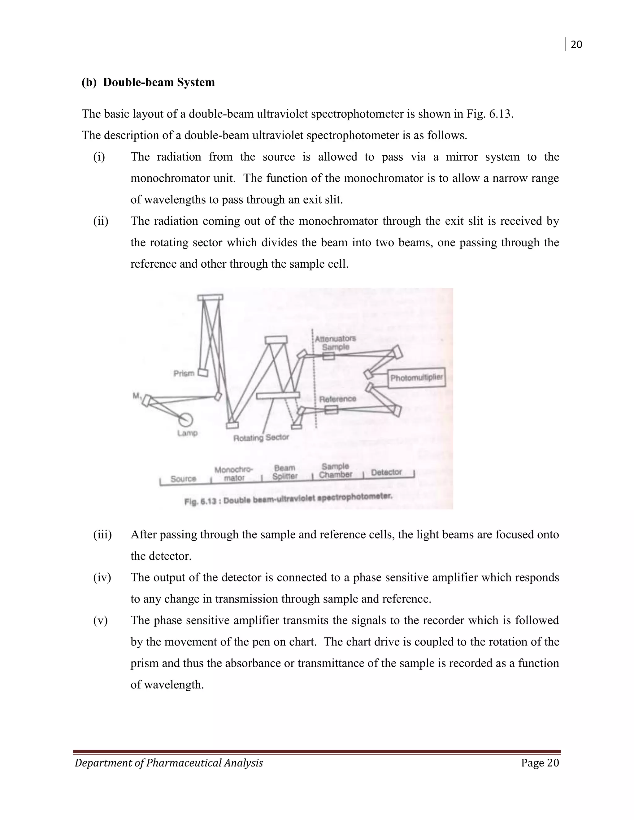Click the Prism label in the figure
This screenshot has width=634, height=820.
184,373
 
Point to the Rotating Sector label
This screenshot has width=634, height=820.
261,438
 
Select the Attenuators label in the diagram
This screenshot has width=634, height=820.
335,338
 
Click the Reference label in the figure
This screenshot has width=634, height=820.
337,399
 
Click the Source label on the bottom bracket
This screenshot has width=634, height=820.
183,479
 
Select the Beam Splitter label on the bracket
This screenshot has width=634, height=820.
285,472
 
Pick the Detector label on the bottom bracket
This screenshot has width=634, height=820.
386,472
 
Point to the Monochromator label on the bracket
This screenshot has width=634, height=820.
234,474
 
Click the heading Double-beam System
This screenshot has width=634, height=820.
159,82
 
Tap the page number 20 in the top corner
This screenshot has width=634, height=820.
576,45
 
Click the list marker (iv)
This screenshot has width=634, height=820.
102,577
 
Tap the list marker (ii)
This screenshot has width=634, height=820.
101,221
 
